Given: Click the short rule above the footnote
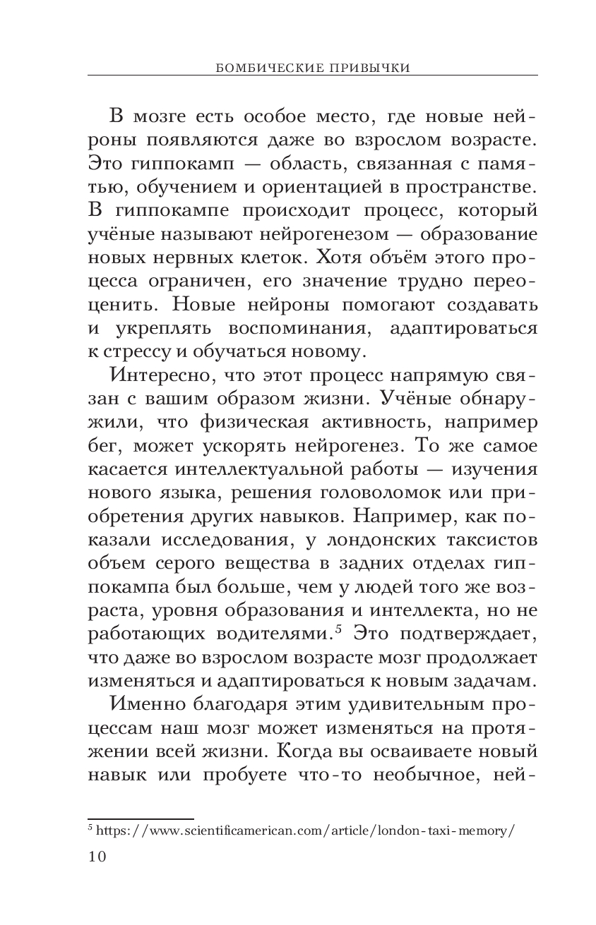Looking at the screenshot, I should click(141, 818).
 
